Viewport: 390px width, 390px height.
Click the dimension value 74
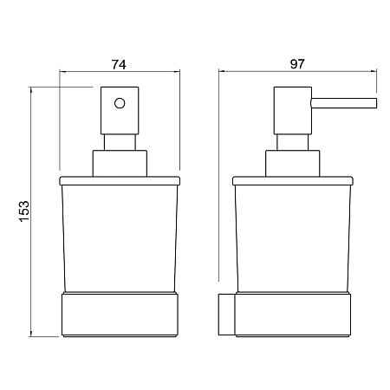[x=119, y=65]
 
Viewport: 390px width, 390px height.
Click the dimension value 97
[x=297, y=64]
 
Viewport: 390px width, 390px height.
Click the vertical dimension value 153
[x=24, y=211]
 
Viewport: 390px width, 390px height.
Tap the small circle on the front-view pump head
[x=120, y=103]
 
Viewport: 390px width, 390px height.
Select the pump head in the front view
[x=120, y=110]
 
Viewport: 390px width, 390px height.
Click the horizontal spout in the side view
[x=344, y=103]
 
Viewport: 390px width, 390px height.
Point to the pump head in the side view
[x=293, y=110]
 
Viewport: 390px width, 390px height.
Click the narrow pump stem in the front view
[x=120, y=142]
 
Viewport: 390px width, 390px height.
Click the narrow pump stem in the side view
[x=292, y=142]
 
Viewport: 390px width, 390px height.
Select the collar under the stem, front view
[x=120, y=163]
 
